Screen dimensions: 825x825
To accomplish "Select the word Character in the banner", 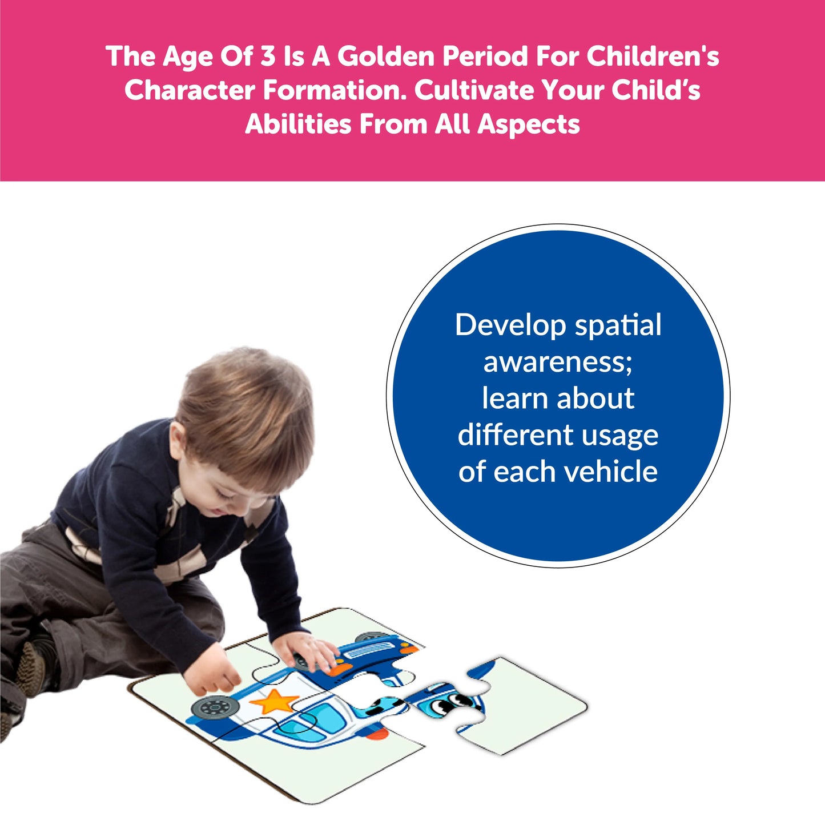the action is tap(190, 90).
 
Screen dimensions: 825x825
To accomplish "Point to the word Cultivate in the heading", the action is tap(474, 90).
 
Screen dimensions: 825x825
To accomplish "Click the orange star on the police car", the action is tap(273, 701).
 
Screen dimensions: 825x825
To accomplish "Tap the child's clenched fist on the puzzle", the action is tap(212, 674).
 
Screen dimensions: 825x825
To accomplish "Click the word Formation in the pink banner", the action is tap(335, 90).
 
